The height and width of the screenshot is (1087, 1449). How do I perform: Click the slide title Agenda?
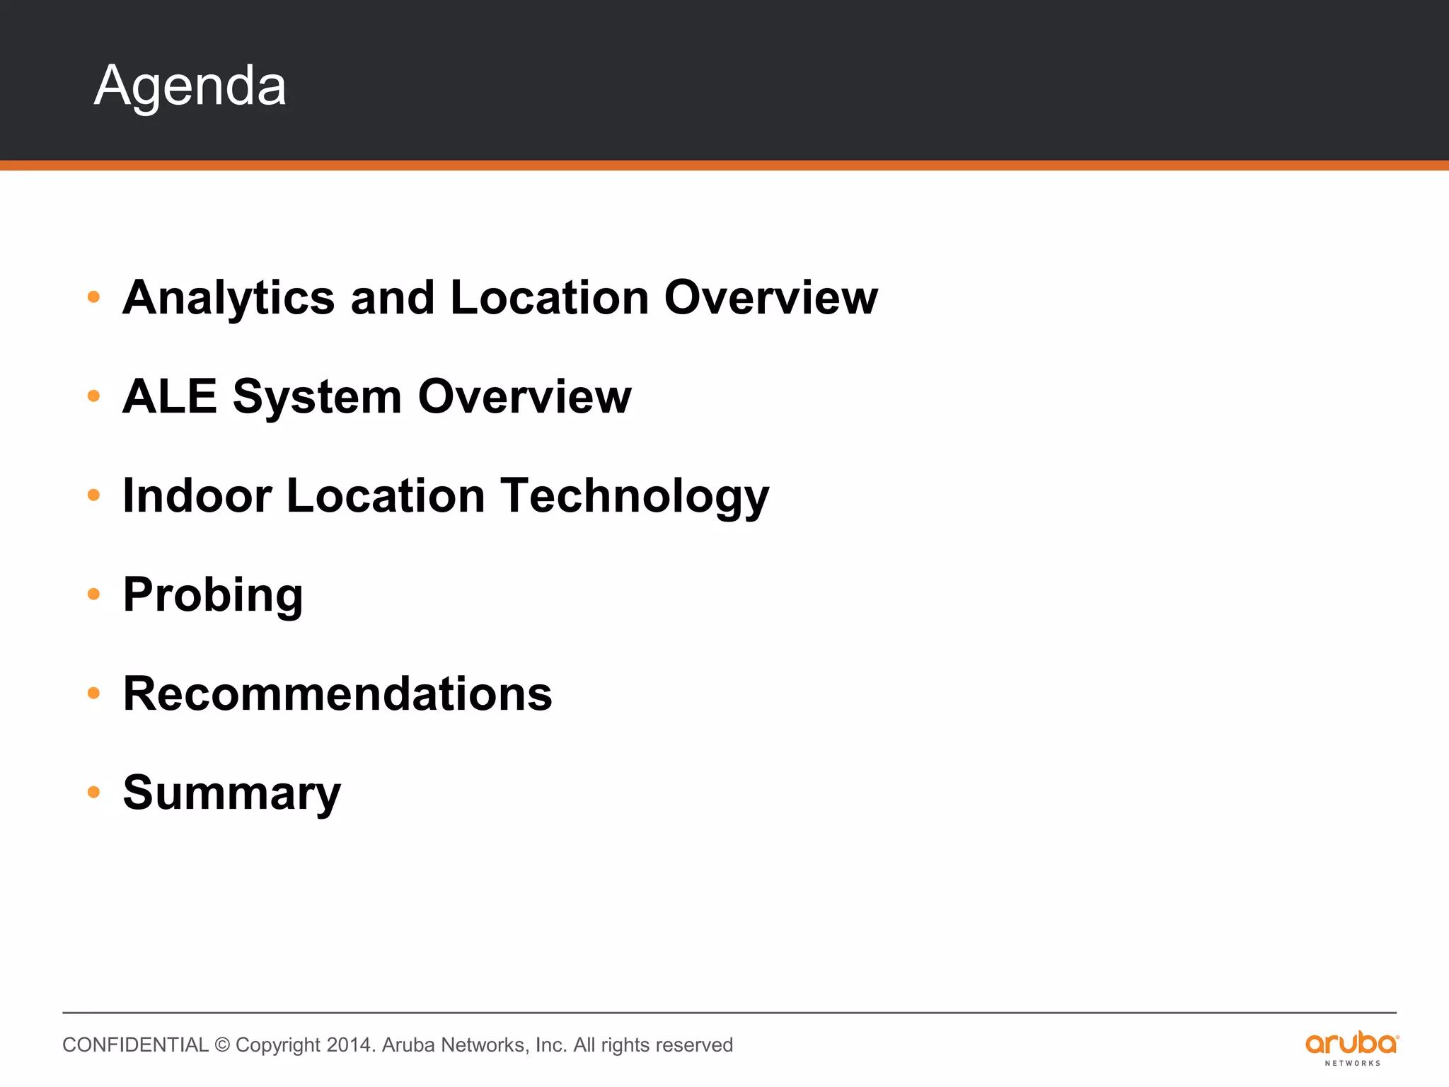pyautogui.click(x=190, y=86)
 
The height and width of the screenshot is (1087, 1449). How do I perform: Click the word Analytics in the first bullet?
pyautogui.click(x=229, y=298)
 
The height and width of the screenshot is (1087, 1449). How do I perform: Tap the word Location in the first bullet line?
pyautogui.click(x=549, y=298)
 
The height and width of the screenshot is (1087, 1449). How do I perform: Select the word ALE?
pyautogui.click(x=169, y=396)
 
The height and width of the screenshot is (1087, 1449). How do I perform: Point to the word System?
pyautogui.click(x=317, y=398)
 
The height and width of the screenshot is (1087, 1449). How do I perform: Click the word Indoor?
pyautogui.click(x=197, y=495)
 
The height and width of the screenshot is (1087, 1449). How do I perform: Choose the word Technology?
pyautogui.click(x=635, y=497)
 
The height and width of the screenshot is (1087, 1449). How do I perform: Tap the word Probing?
pyautogui.click(x=212, y=596)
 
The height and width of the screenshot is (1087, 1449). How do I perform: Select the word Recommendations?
pyautogui.click(x=337, y=694)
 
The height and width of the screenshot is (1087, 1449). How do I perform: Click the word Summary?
pyautogui.click(x=231, y=794)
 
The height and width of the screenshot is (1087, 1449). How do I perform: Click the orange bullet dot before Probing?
pyautogui.click(x=93, y=594)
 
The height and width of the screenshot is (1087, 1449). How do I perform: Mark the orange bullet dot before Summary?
pyautogui.click(x=93, y=792)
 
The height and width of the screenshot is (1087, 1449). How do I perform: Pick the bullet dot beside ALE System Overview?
pyautogui.click(x=93, y=396)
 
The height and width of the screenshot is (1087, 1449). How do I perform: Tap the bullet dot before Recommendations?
pyautogui.click(x=93, y=693)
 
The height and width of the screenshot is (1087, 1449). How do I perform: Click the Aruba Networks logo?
pyautogui.click(x=1351, y=1047)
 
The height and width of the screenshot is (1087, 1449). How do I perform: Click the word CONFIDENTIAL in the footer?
pyautogui.click(x=135, y=1045)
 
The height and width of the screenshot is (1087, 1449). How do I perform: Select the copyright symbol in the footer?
pyautogui.click(x=222, y=1045)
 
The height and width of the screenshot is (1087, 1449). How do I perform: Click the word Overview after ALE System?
pyautogui.click(x=524, y=396)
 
